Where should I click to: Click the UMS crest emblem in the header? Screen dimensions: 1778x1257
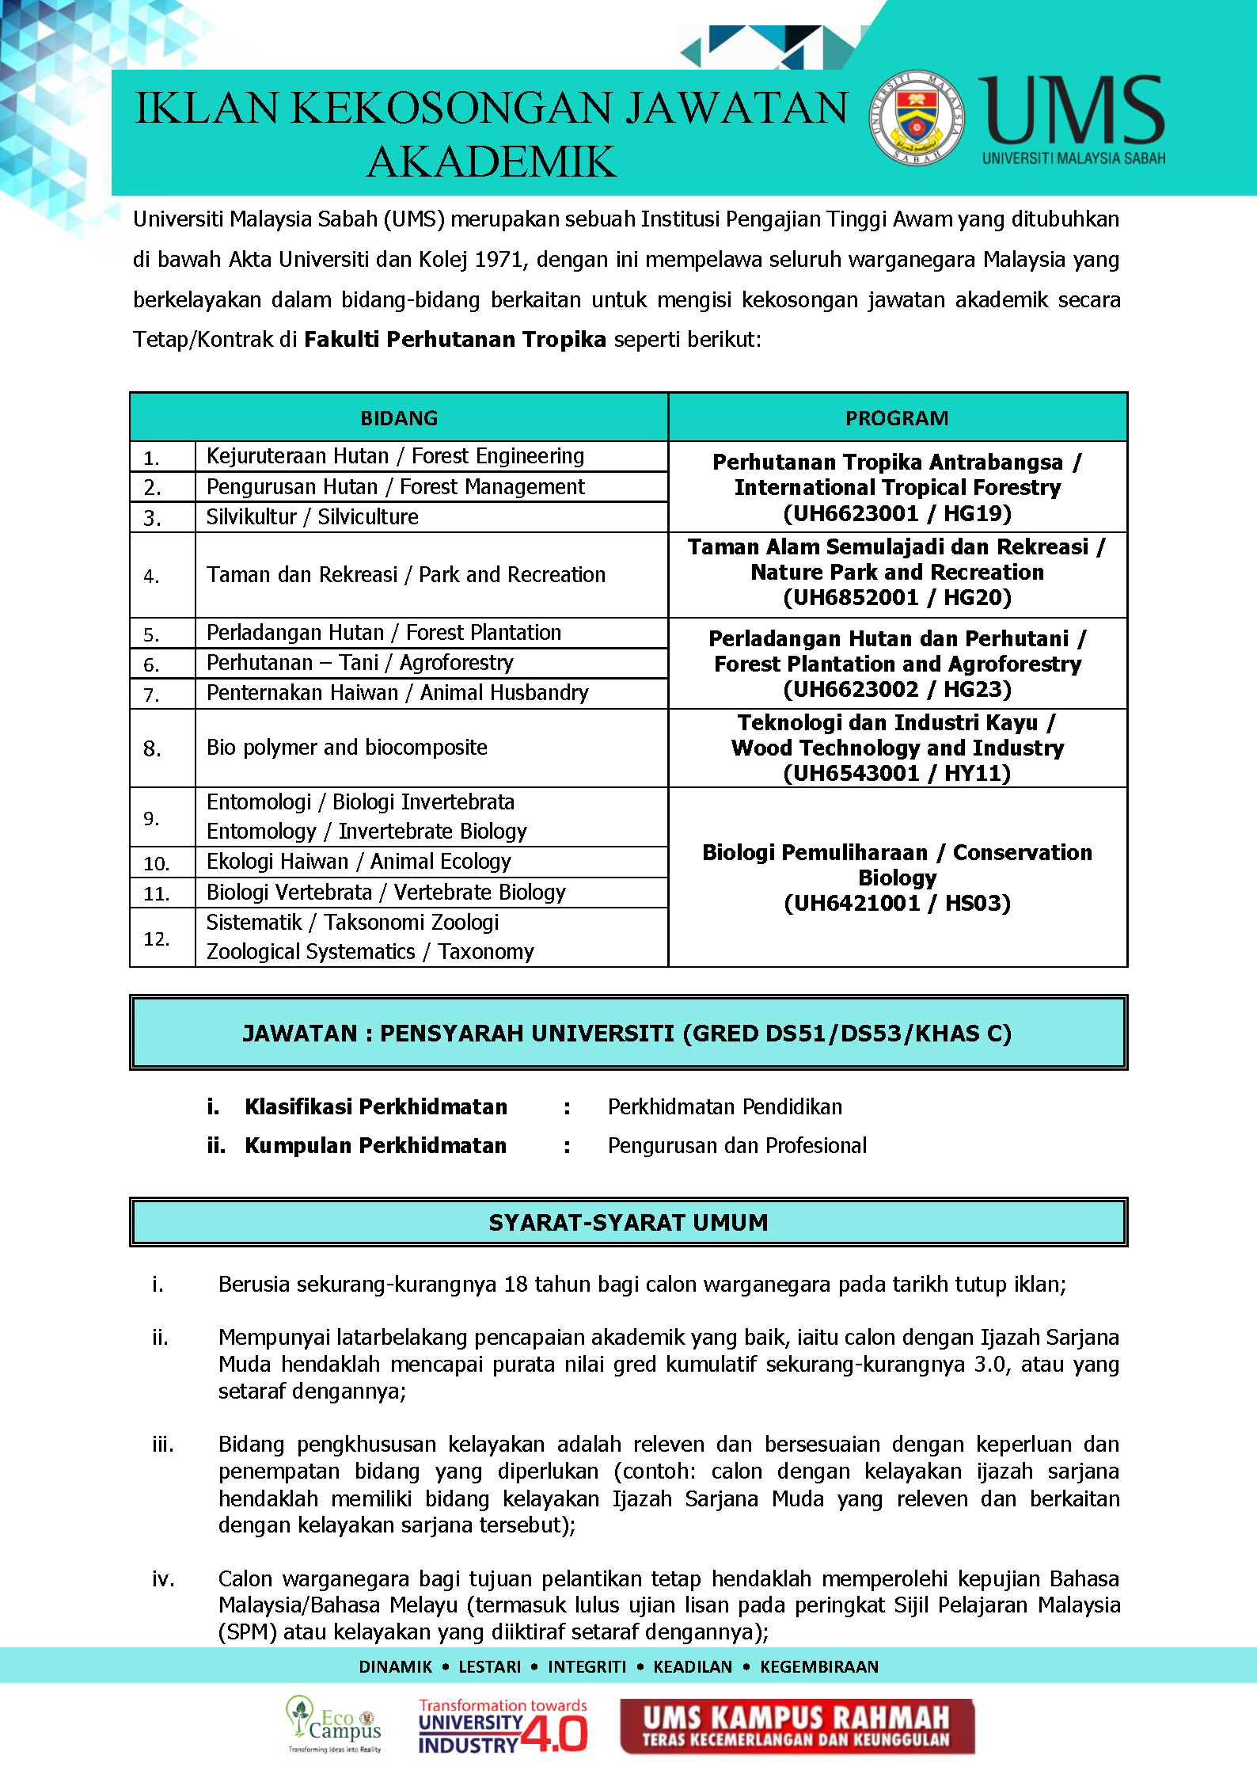coord(917,118)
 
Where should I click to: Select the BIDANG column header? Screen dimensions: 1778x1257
coord(399,418)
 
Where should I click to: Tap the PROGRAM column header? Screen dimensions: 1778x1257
coord(897,418)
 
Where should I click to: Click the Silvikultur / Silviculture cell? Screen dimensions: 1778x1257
coord(313,517)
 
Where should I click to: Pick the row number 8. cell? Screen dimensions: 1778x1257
coord(153,748)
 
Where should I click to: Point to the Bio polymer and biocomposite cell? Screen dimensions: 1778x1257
coord(347,748)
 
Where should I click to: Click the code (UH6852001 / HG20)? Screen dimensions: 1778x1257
coord(897,598)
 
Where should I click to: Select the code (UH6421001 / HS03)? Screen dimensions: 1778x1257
coord(897,904)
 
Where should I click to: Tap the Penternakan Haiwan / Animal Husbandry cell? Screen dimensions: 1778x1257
coord(397,693)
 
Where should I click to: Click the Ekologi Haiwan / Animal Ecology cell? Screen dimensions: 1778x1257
coord(359,862)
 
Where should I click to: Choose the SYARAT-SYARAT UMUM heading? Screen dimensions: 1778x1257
coord(628,1223)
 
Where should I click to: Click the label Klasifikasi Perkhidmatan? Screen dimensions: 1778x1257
coord(376,1107)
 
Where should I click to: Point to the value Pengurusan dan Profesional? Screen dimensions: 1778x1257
coord(737,1146)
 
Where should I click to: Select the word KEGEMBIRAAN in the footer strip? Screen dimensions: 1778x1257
coord(819,1667)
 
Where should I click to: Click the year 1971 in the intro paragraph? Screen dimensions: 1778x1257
coord(496,260)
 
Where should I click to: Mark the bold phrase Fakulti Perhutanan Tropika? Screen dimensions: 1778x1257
coord(455,340)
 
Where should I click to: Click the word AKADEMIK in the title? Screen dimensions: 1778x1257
coord(492,162)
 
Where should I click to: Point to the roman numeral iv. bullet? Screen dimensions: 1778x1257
coord(163,1579)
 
